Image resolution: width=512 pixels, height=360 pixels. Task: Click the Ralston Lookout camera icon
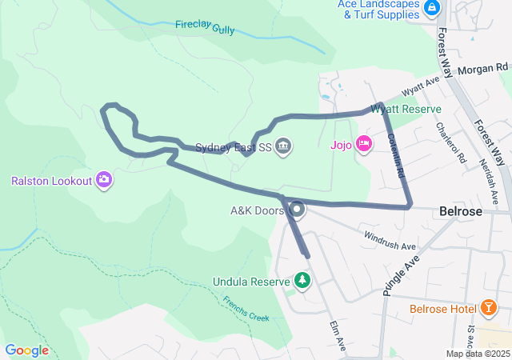(x=103, y=180)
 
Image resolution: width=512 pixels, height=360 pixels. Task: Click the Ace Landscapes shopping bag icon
(x=431, y=8)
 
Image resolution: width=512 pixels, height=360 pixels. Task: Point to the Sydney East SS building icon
(x=283, y=146)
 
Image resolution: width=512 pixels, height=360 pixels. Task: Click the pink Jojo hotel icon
(x=364, y=144)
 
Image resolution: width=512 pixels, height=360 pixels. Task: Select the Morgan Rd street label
(x=482, y=70)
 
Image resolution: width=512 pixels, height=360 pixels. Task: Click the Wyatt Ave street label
(x=422, y=83)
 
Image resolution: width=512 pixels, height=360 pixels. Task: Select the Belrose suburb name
(x=461, y=212)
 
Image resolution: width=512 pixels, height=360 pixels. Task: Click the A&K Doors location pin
(x=298, y=210)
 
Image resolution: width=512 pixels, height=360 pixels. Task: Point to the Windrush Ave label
(x=390, y=239)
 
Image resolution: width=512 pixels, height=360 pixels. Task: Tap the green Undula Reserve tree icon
(x=302, y=281)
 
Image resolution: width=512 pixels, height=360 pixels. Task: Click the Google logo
(x=26, y=350)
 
